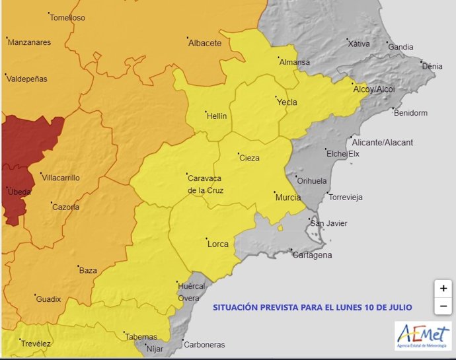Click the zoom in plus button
(x=443, y=289)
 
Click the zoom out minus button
(x=443, y=306)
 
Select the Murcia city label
(x=287, y=198)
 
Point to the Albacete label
(x=204, y=44)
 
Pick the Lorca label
(x=218, y=244)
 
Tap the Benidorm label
(x=410, y=113)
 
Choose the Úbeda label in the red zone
(x=18, y=192)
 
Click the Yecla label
(x=287, y=102)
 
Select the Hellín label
(x=216, y=116)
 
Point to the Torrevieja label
(x=346, y=198)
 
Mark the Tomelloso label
(x=67, y=18)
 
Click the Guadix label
(x=48, y=299)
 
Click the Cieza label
(x=249, y=158)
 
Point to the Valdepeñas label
(x=27, y=79)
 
